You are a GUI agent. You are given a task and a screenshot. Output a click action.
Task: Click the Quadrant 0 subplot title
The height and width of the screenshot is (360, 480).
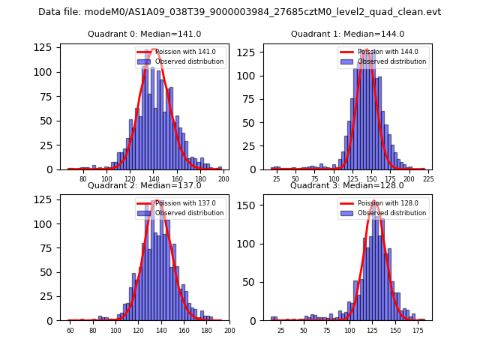pyautogui.click(x=144, y=34)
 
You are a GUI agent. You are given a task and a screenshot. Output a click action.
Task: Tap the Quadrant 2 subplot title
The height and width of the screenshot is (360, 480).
pyautogui.click(x=144, y=185)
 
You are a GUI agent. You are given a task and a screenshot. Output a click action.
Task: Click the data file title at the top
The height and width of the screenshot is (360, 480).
pyautogui.click(x=239, y=12)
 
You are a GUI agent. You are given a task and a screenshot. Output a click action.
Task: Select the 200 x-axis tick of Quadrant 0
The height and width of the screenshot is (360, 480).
pyautogui.click(x=223, y=179)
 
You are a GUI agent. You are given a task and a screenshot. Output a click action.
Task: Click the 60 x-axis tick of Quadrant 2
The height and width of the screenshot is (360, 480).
pyautogui.click(x=70, y=331)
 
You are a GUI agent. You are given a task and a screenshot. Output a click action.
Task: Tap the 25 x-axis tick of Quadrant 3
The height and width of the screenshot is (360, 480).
pyautogui.click(x=280, y=331)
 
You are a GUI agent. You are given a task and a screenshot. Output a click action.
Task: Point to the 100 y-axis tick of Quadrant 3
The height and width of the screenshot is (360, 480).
pyautogui.click(x=249, y=244)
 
